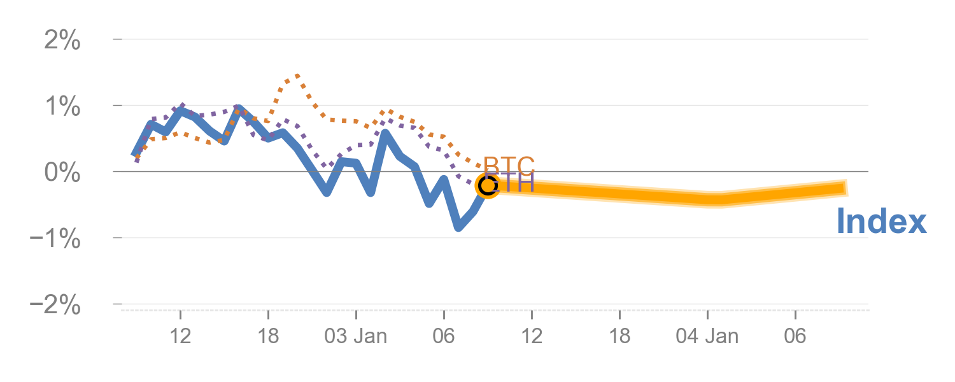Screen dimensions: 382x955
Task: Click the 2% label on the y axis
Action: [x=62, y=41]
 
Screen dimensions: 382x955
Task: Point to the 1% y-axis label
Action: [x=62, y=107]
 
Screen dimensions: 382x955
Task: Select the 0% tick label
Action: [x=62, y=173]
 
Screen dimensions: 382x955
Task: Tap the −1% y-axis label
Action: [x=55, y=239]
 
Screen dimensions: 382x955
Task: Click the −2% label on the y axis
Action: [x=55, y=306]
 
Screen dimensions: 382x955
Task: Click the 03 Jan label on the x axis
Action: [x=355, y=336]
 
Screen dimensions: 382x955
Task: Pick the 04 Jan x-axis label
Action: [x=707, y=336]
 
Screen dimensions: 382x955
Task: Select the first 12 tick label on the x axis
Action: [x=181, y=336]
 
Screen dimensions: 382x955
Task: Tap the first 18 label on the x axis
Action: [x=269, y=336]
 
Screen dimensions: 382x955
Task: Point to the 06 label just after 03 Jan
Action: [x=444, y=336]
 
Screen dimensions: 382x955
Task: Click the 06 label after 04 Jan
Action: [x=795, y=336]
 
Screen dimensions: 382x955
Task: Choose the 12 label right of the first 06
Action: [x=532, y=336]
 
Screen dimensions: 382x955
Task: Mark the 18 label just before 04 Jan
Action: [x=619, y=336]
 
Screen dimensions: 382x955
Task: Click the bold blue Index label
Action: [x=881, y=222]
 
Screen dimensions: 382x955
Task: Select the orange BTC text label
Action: [x=509, y=166]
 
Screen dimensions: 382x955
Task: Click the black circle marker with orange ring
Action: [x=487, y=186]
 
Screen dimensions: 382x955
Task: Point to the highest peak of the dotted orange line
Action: [x=297, y=76]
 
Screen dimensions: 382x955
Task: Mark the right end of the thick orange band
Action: [x=847, y=187]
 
